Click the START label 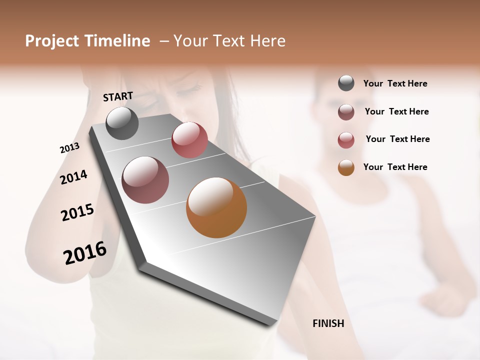point(118,96)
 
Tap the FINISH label point(328,323)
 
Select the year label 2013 point(69,148)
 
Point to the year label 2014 point(73,177)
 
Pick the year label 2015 point(77,212)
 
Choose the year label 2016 point(85,253)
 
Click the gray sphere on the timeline point(122,123)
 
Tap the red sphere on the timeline point(189,139)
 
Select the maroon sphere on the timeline point(145,180)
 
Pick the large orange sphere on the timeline point(216,207)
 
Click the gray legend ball point(346,83)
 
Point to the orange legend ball point(346,167)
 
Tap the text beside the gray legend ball point(395,84)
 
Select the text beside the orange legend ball point(395,167)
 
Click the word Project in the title point(52,41)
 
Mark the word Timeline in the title point(117,41)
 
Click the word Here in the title point(267,41)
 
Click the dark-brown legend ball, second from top point(346,112)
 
